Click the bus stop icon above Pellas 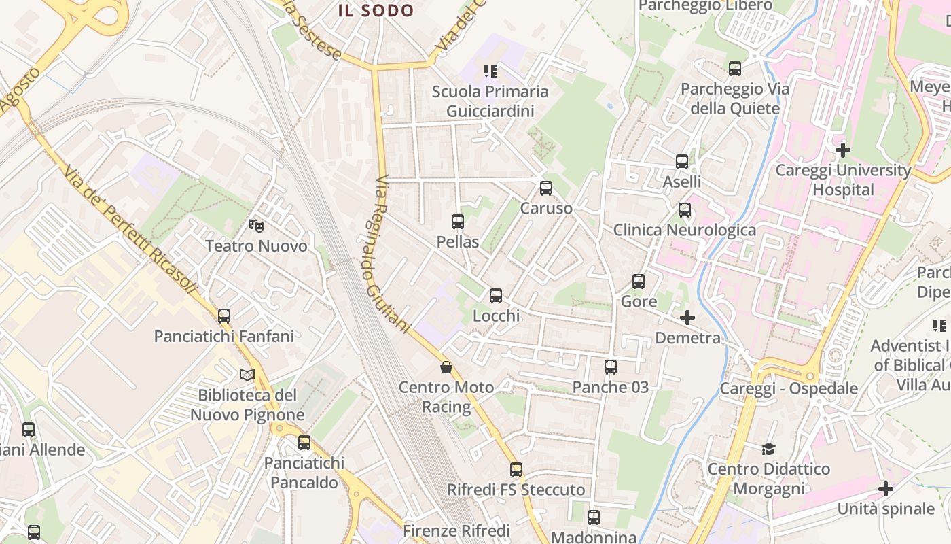pos(458,222)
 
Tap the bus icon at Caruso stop pos(546,188)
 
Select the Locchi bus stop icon pos(496,296)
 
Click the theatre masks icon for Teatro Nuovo pos(256,225)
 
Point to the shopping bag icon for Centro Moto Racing pos(446,367)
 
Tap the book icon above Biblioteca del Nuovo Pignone pos(247,375)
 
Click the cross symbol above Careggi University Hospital pos(843,150)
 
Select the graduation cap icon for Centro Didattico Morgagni pos(768,449)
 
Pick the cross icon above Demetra pos(687,318)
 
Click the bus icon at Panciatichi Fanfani pos(224,316)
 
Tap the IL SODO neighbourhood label pos(376,10)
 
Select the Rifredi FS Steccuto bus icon pos(516,470)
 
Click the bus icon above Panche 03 pos(611,367)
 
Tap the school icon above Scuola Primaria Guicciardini pos(490,71)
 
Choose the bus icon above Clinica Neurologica pos(685,210)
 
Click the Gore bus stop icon pos(639,282)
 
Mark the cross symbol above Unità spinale pos(886,489)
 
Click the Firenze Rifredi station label pos(456,530)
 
